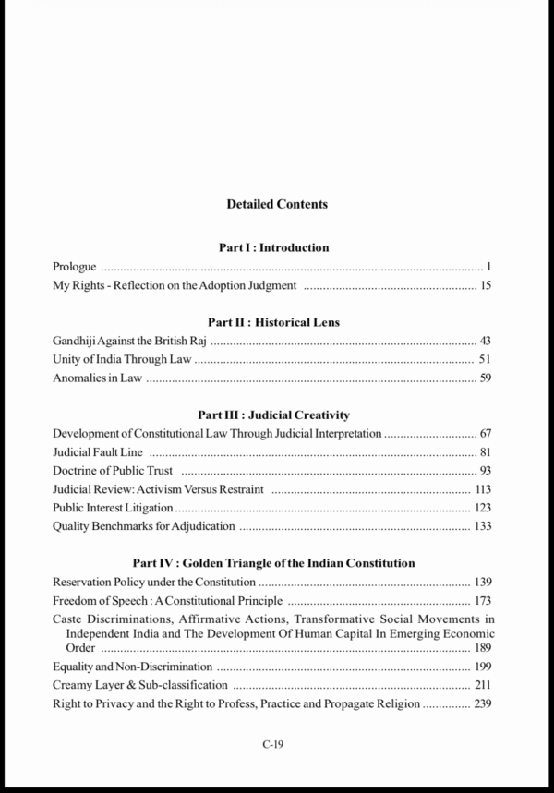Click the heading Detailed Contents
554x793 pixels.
click(277, 204)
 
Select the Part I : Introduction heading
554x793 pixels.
click(273, 247)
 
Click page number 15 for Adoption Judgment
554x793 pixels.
click(486, 285)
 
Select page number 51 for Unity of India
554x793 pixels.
click(486, 359)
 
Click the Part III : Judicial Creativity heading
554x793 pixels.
click(273, 415)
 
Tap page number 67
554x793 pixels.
click(486, 433)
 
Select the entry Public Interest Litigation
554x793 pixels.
click(113, 508)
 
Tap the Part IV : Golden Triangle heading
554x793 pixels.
click(273, 562)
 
